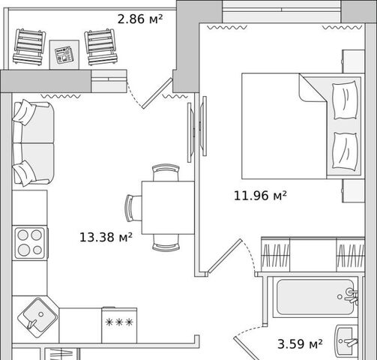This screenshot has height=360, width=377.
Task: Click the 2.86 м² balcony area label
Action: [140, 19]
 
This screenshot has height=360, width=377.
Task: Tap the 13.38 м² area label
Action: [106, 237]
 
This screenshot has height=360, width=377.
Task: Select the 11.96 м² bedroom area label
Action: [260, 196]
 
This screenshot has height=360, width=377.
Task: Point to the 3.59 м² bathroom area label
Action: [300, 344]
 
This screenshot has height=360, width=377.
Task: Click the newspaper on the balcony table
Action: [64, 55]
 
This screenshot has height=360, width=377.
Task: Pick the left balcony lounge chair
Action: [29, 47]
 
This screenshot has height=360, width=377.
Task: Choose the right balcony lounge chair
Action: [101, 47]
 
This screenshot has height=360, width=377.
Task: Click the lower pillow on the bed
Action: [345, 151]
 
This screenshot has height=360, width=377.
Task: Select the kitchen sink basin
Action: [37, 318]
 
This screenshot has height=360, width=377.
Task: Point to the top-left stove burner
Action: [23, 235]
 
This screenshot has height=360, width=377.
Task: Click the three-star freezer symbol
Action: [119, 322]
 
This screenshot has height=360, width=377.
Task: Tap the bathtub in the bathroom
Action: [316, 297]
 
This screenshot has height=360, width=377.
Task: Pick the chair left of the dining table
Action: [133, 208]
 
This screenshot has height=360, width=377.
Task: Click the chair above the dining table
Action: [166, 172]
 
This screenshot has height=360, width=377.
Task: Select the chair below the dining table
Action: [166, 242]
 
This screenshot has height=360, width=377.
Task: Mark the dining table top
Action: [168, 208]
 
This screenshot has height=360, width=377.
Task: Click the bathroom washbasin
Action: [347, 341]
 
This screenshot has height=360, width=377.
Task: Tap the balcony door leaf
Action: [157, 93]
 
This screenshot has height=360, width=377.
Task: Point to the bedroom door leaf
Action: [225, 256]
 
